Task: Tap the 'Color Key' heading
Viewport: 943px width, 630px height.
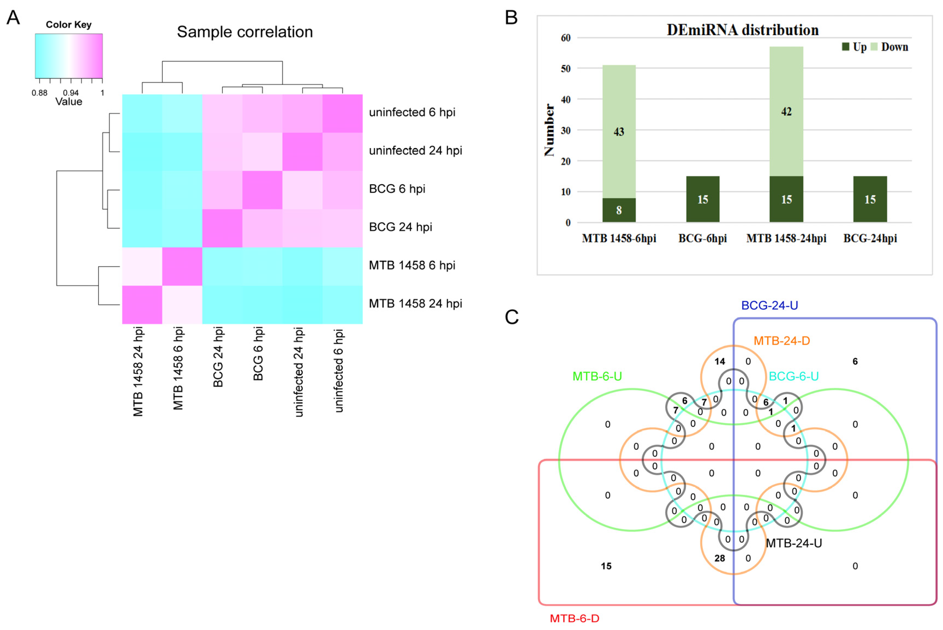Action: pyautogui.click(x=69, y=25)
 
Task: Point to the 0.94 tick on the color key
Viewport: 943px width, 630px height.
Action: pyautogui.click(x=71, y=93)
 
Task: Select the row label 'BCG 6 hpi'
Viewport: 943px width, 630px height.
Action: pyautogui.click(x=397, y=189)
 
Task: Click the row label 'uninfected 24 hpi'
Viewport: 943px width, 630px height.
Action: pyautogui.click(x=416, y=151)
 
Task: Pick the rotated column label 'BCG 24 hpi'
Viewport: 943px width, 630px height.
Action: pyautogui.click(x=218, y=357)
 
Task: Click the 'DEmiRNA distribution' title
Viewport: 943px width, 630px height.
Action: pyautogui.click(x=742, y=30)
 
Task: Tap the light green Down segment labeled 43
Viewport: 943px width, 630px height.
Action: pyautogui.click(x=619, y=132)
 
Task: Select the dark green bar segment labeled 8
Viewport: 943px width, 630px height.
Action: pyautogui.click(x=619, y=210)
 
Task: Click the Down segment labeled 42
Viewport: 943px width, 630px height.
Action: pyautogui.click(x=786, y=111)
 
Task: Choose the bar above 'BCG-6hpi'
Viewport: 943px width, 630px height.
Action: pyautogui.click(x=703, y=199)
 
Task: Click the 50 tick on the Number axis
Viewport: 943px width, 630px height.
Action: pyautogui.click(x=566, y=69)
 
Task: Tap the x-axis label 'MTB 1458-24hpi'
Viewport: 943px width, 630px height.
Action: pyautogui.click(x=786, y=239)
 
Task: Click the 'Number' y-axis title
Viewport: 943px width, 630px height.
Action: pyautogui.click(x=549, y=130)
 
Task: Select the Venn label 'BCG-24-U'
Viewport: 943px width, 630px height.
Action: pyautogui.click(x=769, y=305)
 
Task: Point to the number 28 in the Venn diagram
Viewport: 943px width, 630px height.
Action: pyautogui.click(x=720, y=558)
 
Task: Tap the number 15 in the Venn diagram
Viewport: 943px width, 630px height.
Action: pyautogui.click(x=606, y=566)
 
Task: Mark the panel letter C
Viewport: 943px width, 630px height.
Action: pyautogui.click(x=512, y=317)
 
